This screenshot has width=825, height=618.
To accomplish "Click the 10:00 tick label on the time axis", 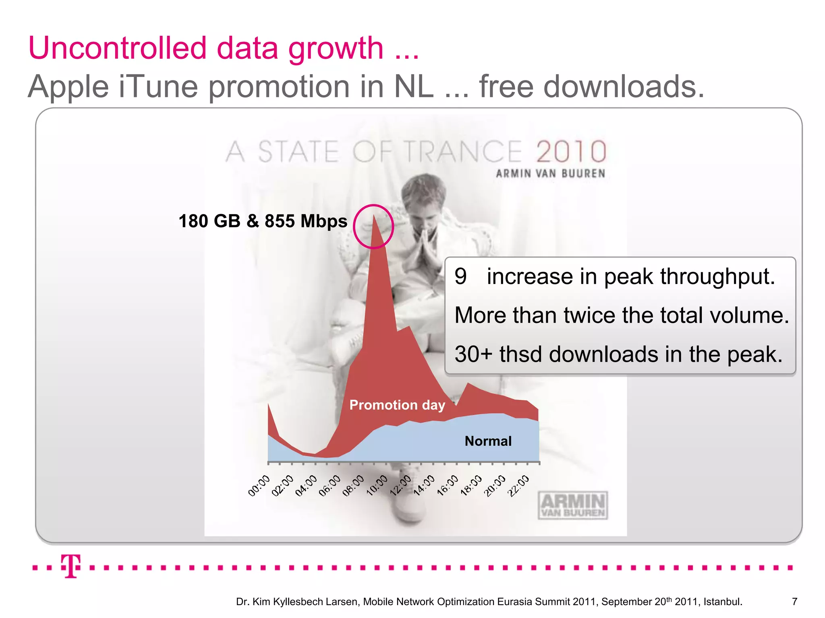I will pos(377,485).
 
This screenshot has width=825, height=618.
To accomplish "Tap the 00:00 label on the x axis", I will pos(259,486).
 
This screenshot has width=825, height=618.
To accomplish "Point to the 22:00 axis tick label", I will pos(518,486).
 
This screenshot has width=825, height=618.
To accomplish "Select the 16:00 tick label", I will pos(448,485).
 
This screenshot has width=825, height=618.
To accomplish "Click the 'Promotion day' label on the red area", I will pos(397,405).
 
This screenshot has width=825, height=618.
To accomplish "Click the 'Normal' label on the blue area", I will pos(488,441).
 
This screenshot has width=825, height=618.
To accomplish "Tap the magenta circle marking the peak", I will pos(373,227).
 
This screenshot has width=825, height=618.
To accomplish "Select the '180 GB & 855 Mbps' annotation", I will pos(263,221).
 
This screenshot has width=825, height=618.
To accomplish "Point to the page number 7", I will pos(794,602).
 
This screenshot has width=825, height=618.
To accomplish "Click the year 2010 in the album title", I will pos(571,152).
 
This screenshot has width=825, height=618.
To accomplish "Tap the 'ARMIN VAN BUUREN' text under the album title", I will pos(550,173).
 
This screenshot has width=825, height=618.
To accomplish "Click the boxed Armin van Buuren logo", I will pos(573,505).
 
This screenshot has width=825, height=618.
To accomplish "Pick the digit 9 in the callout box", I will pos(460,276).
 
